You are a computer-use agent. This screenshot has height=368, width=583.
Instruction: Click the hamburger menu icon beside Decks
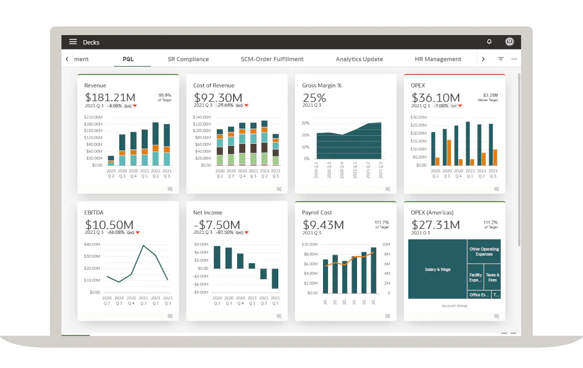click(73, 42)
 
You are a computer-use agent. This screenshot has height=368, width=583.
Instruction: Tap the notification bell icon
click(489, 42)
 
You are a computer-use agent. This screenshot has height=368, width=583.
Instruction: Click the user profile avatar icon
click(509, 42)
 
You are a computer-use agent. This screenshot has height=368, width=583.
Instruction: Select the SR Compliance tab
click(188, 59)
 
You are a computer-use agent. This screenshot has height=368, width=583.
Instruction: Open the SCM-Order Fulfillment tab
click(272, 59)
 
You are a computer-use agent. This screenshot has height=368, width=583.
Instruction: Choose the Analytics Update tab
click(359, 59)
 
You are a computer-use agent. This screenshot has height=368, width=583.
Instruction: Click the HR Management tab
click(438, 59)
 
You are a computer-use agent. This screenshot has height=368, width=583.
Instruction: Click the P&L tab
click(128, 59)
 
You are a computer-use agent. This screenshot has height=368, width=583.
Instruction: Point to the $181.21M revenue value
click(110, 98)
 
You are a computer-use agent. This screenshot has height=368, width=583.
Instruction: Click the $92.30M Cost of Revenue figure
click(217, 98)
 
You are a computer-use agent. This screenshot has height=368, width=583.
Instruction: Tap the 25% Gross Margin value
click(314, 98)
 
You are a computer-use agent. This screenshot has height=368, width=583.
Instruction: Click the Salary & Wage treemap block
click(437, 269)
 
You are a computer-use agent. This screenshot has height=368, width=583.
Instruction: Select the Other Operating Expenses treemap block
click(484, 252)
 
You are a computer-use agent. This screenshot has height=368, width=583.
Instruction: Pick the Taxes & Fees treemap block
click(492, 278)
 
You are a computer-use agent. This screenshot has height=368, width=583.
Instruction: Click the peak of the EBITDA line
click(143, 246)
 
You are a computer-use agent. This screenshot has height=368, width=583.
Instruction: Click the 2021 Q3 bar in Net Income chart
click(275, 279)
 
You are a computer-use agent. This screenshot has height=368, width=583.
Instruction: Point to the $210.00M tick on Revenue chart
click(93, 117)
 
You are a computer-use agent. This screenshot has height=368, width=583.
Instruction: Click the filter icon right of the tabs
click(501, 59)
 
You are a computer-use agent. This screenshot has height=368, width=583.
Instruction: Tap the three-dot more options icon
click(514, 59)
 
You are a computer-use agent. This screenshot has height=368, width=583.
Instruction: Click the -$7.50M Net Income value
click(216, 225)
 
